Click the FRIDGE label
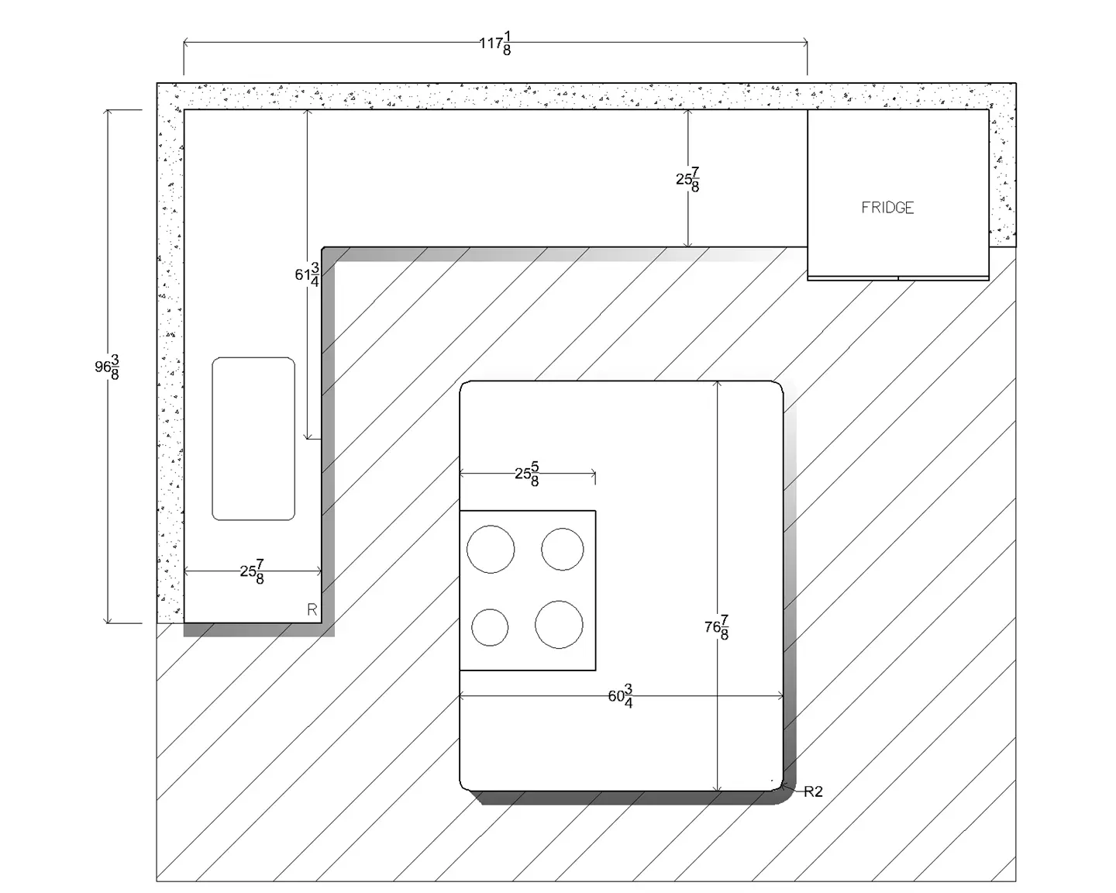pos(887,208)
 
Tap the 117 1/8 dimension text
pos(495,43)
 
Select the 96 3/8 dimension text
pos(107,367)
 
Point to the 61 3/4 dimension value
pos(307,274)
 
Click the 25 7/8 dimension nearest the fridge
pos(687,180)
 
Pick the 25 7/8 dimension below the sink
pos(252,572)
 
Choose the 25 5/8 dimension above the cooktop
pos(527,474)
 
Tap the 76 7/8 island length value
pos(717,627)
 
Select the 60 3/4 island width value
pos(620,696)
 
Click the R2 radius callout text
pos(813,791)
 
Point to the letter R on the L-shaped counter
pos(312,609)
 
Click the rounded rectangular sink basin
pos(253,439)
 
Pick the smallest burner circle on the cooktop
pos(490,627)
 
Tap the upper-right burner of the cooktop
pos(563,549)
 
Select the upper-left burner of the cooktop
pos(491,549)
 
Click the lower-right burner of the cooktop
pos(559,625)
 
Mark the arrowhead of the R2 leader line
pos(783,786)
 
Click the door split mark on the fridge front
pos(898,278)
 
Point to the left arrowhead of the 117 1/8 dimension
pos(186,43)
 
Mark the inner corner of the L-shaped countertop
pos(322,247)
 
